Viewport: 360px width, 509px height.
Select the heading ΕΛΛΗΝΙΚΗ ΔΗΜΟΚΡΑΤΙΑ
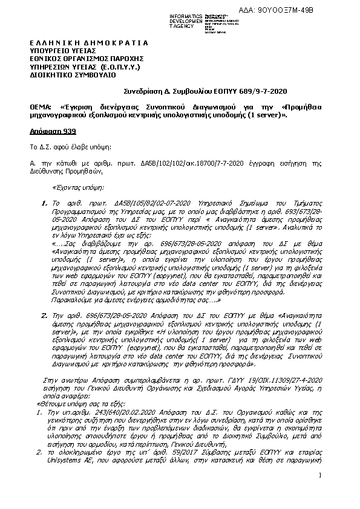(88, 44)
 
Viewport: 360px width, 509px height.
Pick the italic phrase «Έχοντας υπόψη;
(79, 187)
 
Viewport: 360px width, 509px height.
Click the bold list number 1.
(44, 204)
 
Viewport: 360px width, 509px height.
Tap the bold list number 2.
(44, 315)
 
